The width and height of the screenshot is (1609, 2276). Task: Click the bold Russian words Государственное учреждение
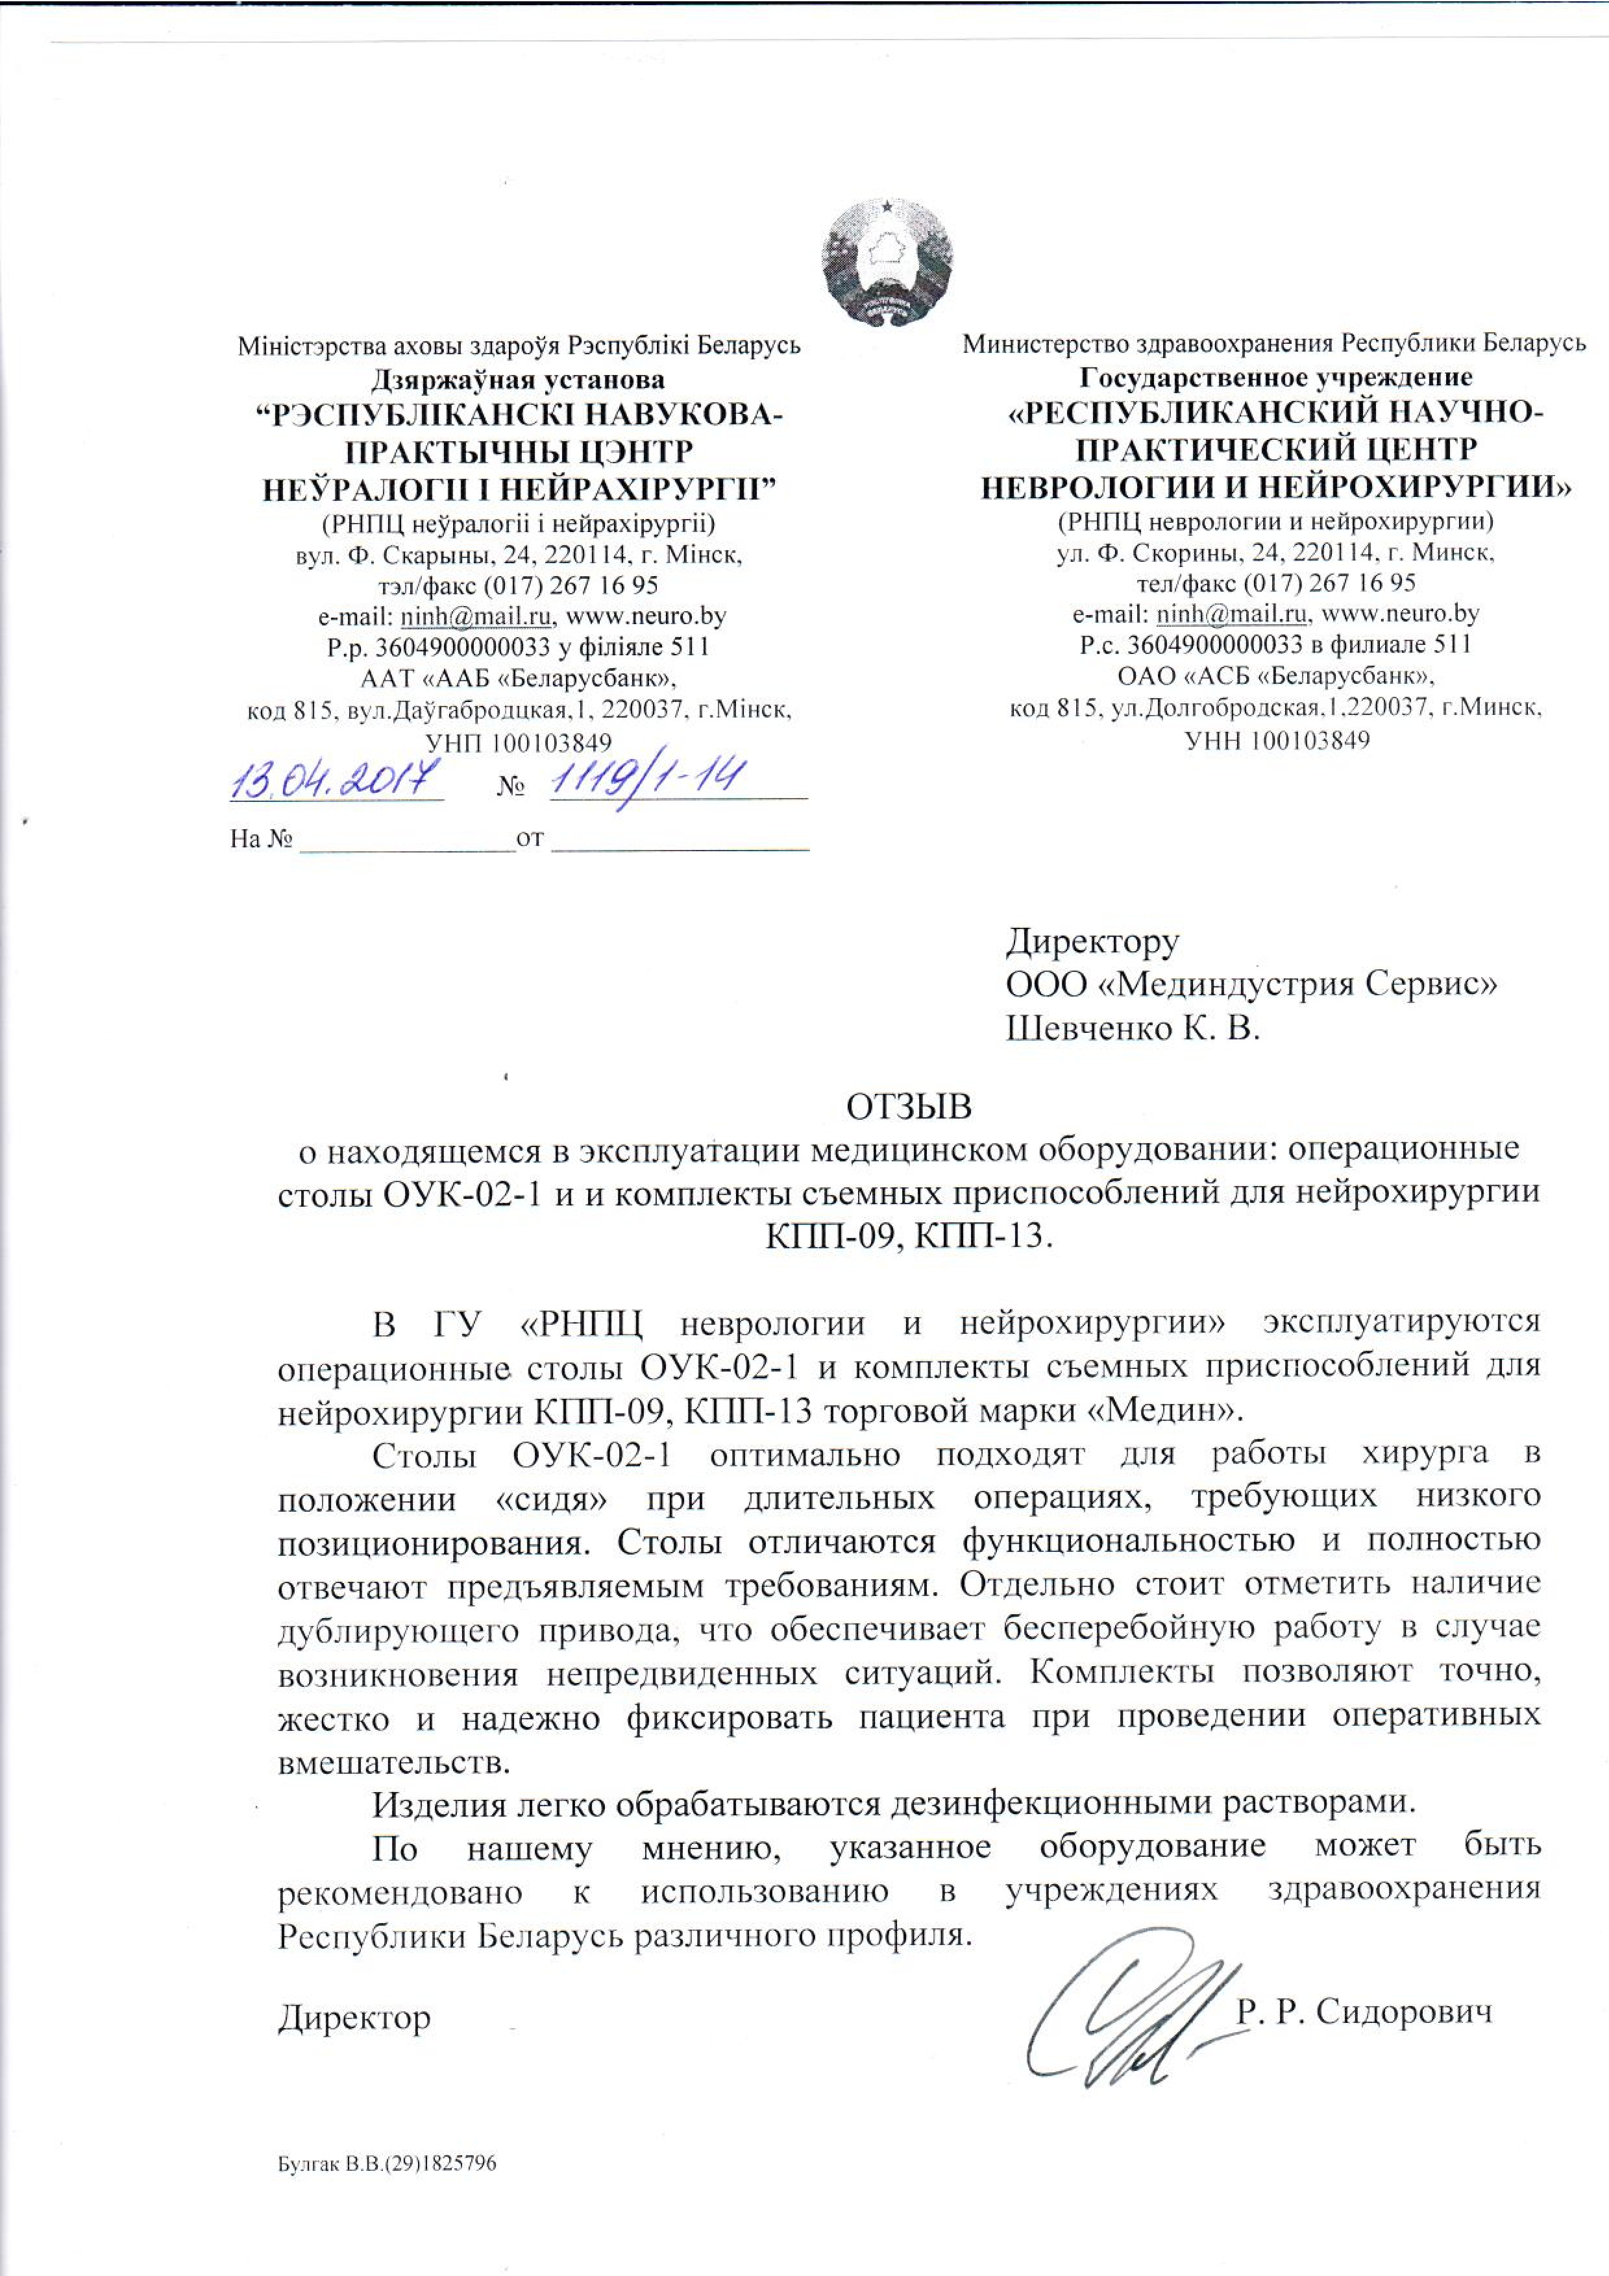[x=1276, y=378]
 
